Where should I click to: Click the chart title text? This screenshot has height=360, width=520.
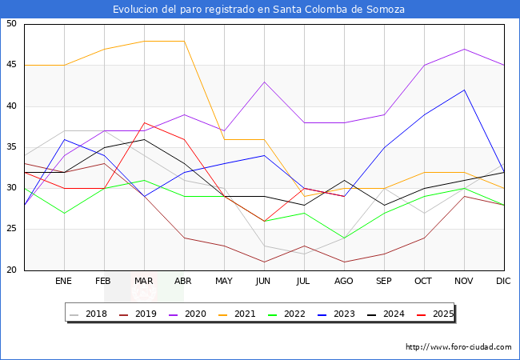tap(258, 10)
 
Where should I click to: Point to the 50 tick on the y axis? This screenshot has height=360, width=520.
tap(12, 24)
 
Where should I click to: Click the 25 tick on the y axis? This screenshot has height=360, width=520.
tap(12, 230)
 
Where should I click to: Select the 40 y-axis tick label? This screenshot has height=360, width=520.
tap(12, 106)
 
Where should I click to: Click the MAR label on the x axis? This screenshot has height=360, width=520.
tap(144, 282)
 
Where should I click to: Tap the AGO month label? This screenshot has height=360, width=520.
tap(344, 282)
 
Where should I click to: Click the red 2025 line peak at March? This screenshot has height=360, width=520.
tap(144, 122)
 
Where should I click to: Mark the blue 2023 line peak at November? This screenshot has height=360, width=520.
tap(464, 90)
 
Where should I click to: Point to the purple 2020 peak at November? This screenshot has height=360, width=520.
tap(464, 49)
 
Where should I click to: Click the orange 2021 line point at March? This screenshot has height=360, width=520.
tap(144, 41)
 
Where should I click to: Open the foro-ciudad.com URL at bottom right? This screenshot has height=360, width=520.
tap(458, 347)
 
